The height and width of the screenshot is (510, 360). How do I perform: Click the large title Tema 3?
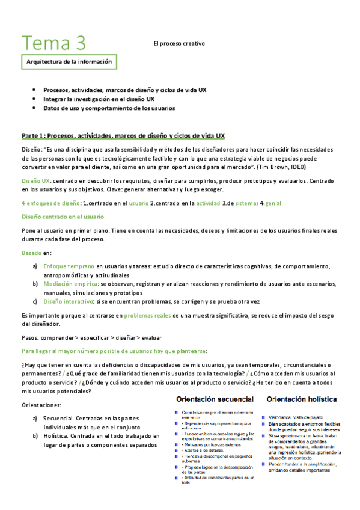[53, 43]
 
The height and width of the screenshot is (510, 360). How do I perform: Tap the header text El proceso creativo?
[179, 43]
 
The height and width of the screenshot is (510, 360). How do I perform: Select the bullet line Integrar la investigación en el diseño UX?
[99, 99]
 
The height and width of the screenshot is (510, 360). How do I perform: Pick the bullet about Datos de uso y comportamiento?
[109, 108]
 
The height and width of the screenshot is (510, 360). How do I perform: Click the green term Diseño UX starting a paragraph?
[35, 180]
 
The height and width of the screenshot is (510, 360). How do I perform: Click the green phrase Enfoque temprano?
[69, 266]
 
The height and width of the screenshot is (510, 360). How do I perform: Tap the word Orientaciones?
[41, 405]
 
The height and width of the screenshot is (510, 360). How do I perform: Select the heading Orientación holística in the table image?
[303, 398]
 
